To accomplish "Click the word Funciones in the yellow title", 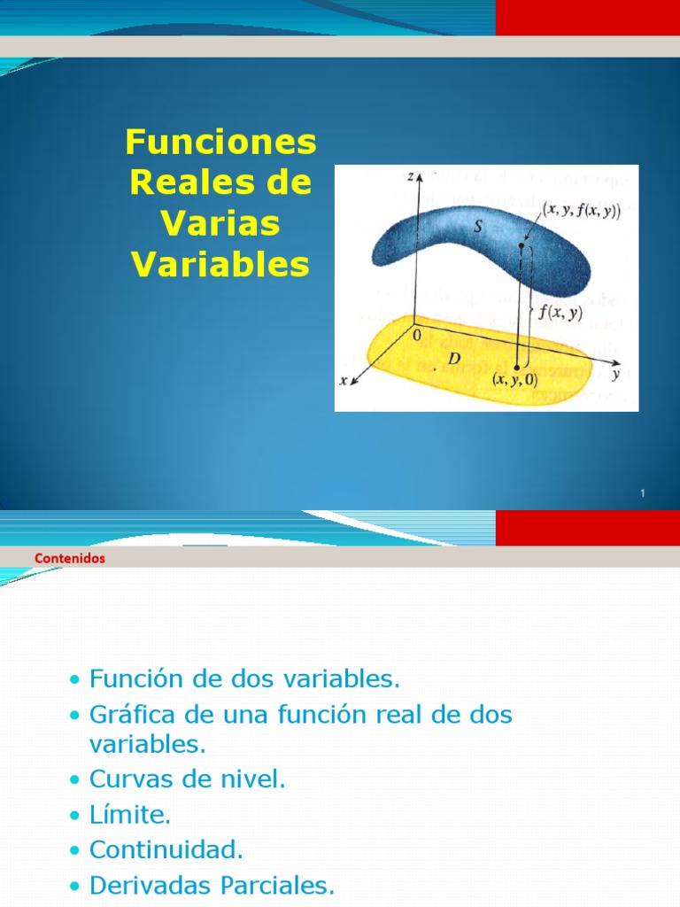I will click(x=220, y=142).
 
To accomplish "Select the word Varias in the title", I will click(x=220, y=223).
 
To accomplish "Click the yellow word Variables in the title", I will click(x=220, y=264).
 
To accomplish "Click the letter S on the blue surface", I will click(x=477, y=227).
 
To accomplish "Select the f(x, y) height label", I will click(x=554, y=312).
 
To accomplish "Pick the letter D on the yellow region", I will click(x=454, y=358).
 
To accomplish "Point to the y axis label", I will click(x=614, y=374).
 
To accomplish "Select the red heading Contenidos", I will click(x=69, y=558).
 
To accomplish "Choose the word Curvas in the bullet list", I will click(x=127, y=779).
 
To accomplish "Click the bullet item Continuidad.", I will click(x=166, y=850).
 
